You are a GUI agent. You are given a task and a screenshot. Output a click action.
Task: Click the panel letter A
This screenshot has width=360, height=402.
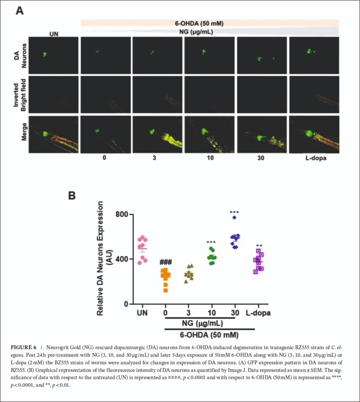click(19, 11)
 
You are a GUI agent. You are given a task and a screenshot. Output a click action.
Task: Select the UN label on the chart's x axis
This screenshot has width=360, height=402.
click(143, 313)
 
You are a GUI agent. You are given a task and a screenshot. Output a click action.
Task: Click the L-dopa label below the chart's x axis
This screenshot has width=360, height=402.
click(258, 313)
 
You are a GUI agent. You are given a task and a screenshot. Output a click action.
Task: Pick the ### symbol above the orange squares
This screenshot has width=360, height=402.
click(166, 262)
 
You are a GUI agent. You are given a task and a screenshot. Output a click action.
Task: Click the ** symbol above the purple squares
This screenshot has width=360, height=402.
click(259, 246)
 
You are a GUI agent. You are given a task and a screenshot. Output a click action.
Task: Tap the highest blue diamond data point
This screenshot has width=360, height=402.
click(234, 217)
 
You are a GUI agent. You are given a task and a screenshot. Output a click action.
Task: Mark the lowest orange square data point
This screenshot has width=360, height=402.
click(165, 290)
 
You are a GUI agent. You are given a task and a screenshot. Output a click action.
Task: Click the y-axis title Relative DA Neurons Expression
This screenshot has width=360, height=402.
click(101, 258)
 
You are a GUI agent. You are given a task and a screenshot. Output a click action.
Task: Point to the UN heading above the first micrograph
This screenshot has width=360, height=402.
click(54, 34)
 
